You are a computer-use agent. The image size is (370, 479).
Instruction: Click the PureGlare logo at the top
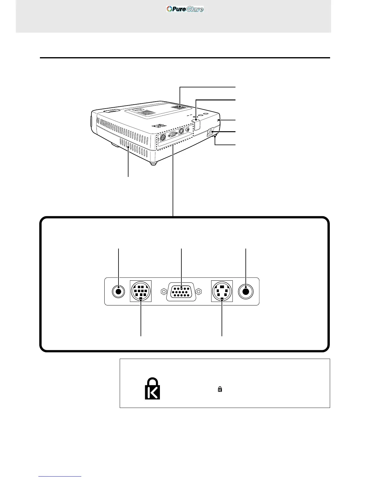pos(185,9)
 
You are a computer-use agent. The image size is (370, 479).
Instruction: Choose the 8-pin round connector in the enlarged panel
pos(141,291)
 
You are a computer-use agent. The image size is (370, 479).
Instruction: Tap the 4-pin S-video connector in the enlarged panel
pos(222,291)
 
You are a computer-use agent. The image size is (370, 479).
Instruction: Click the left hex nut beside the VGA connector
pos(163,292)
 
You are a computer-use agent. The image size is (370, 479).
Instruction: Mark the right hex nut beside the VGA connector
pos(199,292)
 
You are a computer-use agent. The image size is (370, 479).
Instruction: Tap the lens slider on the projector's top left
pos(111,111)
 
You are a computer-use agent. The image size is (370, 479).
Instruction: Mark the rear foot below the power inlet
pos(215,138)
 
